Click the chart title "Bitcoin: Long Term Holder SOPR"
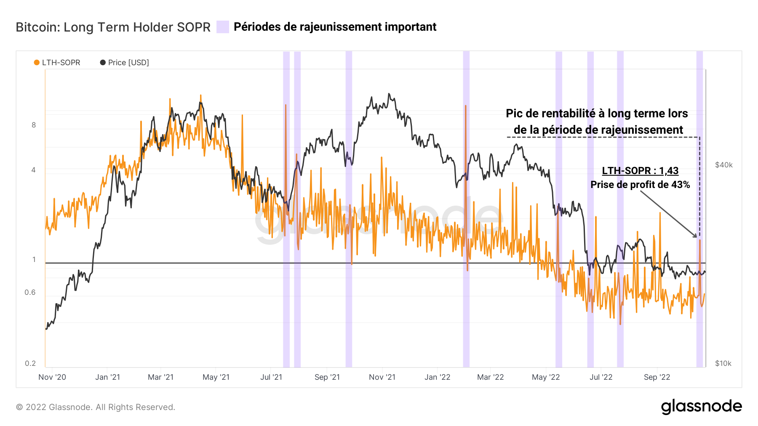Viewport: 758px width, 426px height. pos(113,27)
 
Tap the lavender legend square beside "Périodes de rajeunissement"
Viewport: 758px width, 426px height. pos(222,27)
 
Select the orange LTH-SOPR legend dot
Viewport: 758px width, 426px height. pos(37,63)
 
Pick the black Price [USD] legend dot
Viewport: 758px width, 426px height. pos(103,63)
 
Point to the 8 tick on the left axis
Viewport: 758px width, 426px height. pos(34,125)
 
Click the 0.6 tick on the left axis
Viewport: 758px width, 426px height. pos(30,292)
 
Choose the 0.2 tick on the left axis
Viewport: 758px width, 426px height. pos(30,363)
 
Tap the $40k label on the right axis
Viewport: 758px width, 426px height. pos(723,165)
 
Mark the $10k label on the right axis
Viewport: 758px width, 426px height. pos(723,363)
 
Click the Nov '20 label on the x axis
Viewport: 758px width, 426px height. pos(52,377)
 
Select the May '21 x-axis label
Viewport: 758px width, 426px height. pos(216,377)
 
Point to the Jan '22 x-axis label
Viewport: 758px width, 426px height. pos(437,377)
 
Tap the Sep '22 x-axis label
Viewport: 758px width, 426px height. pos(657,377)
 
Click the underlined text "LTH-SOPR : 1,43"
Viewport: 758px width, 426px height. pos(640,171)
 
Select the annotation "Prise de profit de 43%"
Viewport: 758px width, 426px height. pos(640,185)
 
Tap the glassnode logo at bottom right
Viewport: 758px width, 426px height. pos(701,407)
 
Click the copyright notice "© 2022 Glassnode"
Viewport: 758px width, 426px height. pos(96,407)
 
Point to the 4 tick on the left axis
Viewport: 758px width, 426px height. pos(34,170)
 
